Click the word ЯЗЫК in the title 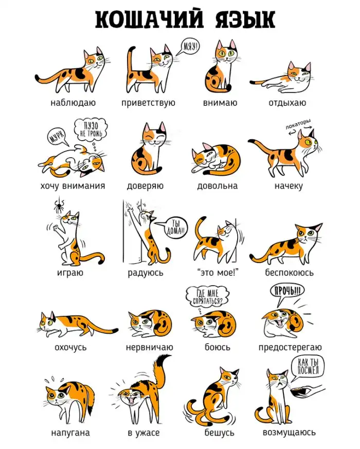click(x=245, y=20)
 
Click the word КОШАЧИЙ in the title click(x=149, y=20)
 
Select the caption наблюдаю click(x=73, y=103)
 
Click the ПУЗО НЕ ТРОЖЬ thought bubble click(x=91, y=130)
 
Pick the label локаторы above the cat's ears click(x=298, y=124)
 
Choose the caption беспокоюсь click(x=289, y=272)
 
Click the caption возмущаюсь click(x=289, y=432)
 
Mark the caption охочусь click(x=70, y=347)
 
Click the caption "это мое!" click(x=218, y=272)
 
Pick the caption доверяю click(x=145, y=186)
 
